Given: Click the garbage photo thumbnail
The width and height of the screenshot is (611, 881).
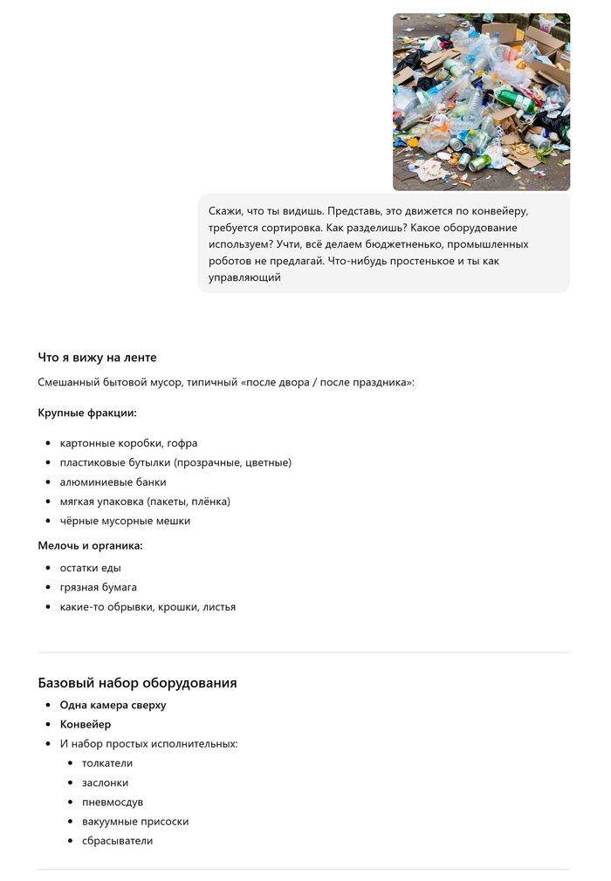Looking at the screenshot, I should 481,101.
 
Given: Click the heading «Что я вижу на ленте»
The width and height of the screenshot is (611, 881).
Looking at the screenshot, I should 97,358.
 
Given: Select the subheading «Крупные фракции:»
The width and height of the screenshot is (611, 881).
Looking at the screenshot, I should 87,413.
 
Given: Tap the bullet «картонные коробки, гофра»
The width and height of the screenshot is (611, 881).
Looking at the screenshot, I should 128,443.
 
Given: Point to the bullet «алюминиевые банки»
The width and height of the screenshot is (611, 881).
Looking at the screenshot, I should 113,482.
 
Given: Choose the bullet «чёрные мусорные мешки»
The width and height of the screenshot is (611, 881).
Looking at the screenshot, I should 125,521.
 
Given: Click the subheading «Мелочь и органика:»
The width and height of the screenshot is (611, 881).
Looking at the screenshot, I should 90,546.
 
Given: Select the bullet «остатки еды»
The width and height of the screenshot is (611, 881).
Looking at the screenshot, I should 90,568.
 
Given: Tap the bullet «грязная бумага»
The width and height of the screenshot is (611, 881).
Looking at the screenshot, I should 98,587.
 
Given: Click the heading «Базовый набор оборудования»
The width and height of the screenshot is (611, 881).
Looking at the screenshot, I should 137,683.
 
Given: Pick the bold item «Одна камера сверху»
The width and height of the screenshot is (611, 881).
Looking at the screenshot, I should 113,705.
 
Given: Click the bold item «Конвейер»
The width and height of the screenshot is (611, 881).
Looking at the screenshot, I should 86,724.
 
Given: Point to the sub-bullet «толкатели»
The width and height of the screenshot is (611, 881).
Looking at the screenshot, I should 107,763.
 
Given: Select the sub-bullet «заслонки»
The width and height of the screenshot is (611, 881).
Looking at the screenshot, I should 105,782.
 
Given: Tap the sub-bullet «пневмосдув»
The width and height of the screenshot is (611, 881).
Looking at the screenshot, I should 113,802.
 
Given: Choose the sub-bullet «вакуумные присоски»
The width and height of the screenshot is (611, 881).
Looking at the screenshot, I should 135,822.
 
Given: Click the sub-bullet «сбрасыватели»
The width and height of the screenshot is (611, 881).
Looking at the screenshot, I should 117,841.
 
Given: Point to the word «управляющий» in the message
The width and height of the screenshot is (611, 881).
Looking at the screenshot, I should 244,277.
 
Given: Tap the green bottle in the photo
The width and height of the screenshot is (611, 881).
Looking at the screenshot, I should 518,101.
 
